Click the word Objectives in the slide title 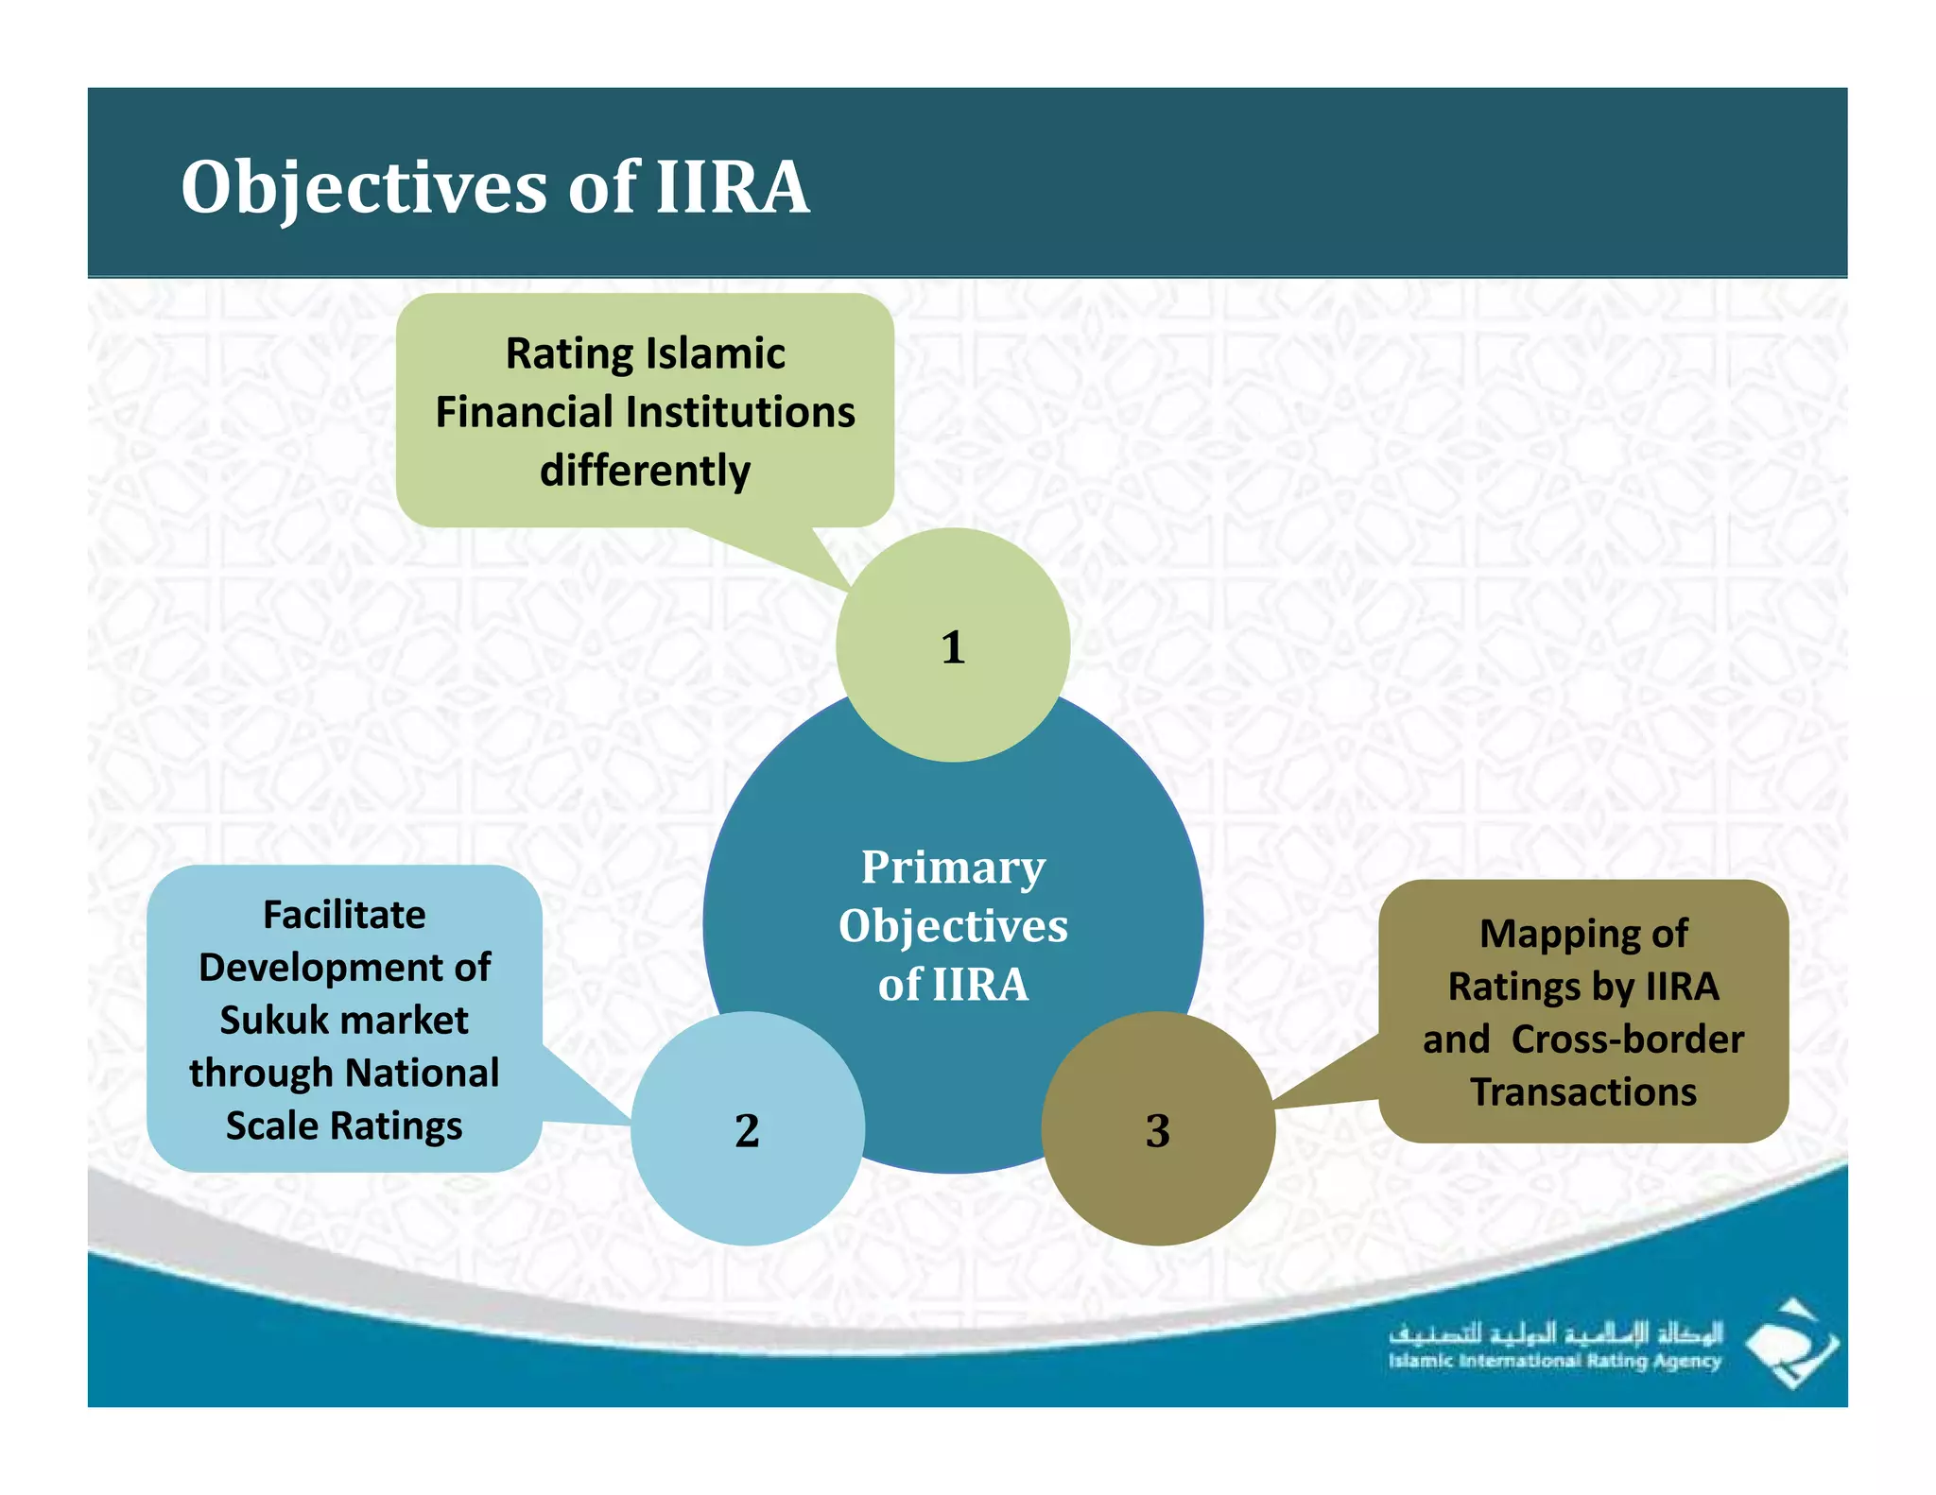[x=363, y=187]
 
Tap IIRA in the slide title [x=733, y=187]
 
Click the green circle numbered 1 [x=953, y=646]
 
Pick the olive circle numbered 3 [x=1157, y=1129]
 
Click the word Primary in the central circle [x=953, y=868]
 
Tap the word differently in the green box [x=645, y=471]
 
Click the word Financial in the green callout [x=524, y=413]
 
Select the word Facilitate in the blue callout [x=344, y=915]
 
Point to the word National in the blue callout [x=422, y=1074]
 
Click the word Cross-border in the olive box [x=1627, y=1040]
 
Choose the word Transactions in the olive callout [x=1583, y=1092]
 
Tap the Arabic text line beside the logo [x=1555, y=1333]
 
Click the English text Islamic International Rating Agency [x=1555, y=1362]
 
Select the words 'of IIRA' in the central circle [x=953, y=985]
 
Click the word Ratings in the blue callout [x=396, y=1126]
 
